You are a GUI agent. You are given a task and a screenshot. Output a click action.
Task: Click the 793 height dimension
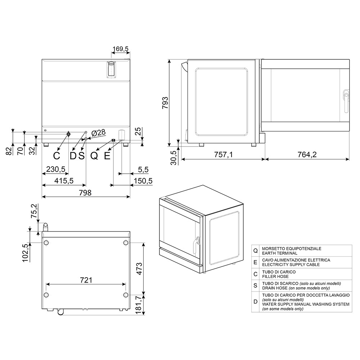coord(165,103)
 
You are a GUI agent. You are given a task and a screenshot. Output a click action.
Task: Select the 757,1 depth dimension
coord(224,154)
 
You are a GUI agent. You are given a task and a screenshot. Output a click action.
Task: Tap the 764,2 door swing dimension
coord(307,154)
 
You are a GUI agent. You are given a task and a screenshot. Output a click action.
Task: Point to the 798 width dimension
coord(85,193)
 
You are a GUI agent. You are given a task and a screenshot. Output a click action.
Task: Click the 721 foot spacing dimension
coord(86,280)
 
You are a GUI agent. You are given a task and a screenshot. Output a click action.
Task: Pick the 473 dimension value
coord(139,269)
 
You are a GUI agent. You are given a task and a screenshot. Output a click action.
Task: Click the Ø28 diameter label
coord(98,133)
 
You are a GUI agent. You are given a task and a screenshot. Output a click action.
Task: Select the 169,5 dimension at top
coord(121,49)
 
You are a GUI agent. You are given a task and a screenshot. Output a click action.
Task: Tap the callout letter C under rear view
coord(57,156)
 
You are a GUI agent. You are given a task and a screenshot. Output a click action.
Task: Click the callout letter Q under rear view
coord(94,156)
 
